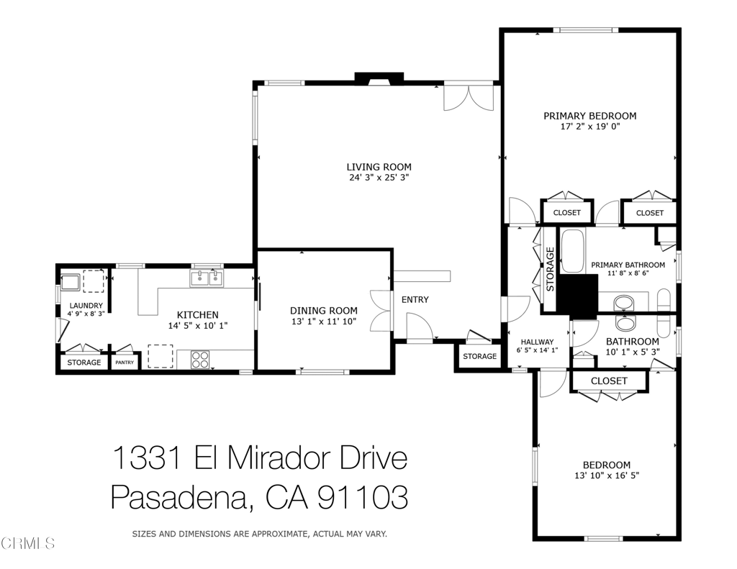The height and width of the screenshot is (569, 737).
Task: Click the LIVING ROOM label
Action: (x=379, y=167)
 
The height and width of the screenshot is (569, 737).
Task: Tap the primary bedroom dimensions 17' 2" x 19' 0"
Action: (x=590, y=127)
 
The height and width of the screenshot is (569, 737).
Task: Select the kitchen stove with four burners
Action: (x=200, y=360)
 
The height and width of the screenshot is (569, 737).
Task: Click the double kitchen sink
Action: (x=207, y=278)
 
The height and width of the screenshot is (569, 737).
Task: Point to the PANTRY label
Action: (x=125, y=363)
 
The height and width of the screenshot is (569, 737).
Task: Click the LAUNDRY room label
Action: (x=86, y=306)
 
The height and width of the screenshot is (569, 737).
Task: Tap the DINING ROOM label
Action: (x=323, y=311)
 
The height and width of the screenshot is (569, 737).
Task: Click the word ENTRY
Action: (x=415, y=299)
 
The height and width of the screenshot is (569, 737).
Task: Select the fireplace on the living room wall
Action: (x=379, y=78)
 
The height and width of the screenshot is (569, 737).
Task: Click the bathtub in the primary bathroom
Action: (x=572, y=251)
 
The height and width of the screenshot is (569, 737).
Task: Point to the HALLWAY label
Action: (x=537, y=342)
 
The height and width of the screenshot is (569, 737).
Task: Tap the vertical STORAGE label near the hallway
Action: (x=551, y=269)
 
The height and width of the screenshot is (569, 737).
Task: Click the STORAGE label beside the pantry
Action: (x=84, y=363)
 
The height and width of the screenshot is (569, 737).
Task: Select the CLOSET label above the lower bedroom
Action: (x=609, y=381)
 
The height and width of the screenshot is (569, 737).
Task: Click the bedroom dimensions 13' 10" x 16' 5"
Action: (x=607, y=475)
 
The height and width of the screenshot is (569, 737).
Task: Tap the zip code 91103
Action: (x=363, y=497)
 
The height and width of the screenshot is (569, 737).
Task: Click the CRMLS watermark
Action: (x=28, y=544)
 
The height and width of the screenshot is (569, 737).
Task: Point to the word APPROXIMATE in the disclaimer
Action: (x=280, y=534)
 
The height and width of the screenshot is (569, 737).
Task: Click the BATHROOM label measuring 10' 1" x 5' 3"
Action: (x=632, y=342)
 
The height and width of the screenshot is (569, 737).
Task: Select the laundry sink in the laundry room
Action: (x=71, y=283)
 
